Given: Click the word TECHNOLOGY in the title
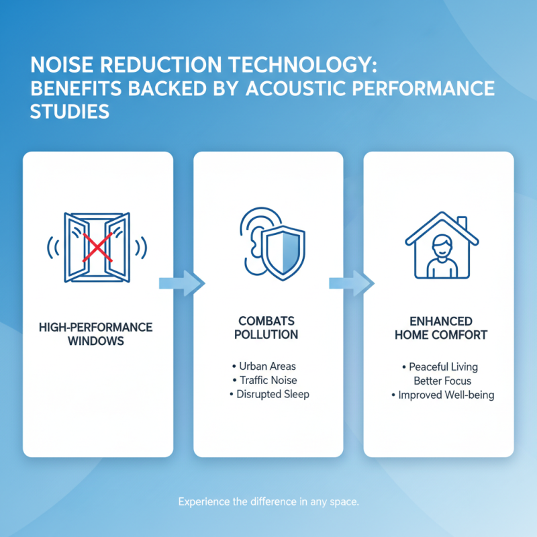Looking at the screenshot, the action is [x=302, y=64].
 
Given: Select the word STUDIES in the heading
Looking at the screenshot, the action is [x=70, y=111].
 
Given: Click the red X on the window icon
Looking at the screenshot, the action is [x=97, y=247].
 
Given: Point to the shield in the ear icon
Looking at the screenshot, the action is [x=283, y=253].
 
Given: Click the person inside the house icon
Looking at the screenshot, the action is [x=442, y=256].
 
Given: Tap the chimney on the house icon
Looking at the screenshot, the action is [x=462, y=223].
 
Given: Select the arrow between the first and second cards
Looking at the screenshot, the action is [x=182, y=283].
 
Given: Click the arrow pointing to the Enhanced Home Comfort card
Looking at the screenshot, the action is [x=352, y=283].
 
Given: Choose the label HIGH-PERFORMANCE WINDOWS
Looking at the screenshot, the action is [x=96, y=334].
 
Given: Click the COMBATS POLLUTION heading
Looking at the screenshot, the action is [x=266, y=328].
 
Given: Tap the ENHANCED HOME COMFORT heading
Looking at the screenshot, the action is [x=441, y=328].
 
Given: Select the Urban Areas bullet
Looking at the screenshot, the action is [x=264, y=366].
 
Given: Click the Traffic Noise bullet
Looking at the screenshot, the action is [x=264, y=380].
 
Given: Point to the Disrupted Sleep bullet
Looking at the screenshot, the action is [x=270, y=394].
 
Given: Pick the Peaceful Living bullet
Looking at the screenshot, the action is [x=440, y=367].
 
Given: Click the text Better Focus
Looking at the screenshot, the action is [x=442, y=381].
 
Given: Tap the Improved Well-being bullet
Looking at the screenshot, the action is [x=443, y=395].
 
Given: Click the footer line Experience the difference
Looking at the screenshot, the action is [x=268, y=501].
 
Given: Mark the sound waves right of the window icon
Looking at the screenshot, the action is [x=141, y=247].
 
